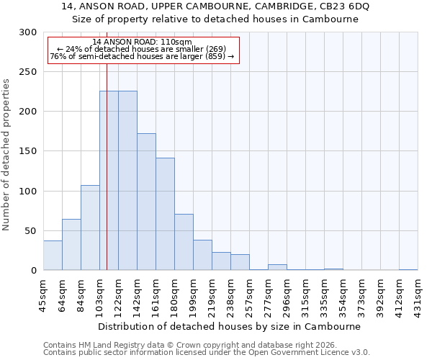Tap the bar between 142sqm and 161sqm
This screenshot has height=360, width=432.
[146, 202]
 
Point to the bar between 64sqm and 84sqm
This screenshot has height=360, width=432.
[71, 245]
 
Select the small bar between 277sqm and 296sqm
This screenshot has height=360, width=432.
[277, 267]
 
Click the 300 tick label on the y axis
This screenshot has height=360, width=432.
[28, 32]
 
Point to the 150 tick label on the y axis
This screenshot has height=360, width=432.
[28, 151]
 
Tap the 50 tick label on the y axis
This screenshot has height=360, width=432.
[31, 231]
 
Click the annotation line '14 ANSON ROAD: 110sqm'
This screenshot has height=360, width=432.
[142, 42]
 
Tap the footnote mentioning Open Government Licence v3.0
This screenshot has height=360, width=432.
[207, 352]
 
